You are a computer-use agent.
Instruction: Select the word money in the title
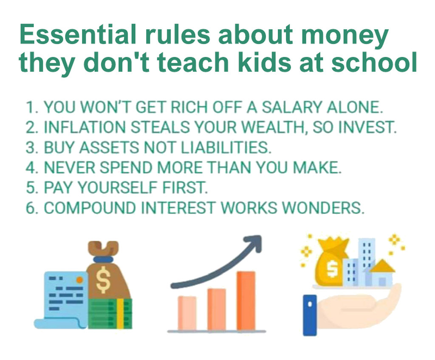345,37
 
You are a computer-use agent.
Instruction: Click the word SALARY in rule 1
292,107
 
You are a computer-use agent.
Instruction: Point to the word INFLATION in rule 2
85,127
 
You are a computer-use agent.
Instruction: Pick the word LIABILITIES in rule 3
226,147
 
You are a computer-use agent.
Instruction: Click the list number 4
31,168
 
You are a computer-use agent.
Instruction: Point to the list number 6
31,208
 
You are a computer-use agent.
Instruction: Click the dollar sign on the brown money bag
103,280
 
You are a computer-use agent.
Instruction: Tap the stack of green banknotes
110,314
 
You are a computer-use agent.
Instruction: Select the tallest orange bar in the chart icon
246,301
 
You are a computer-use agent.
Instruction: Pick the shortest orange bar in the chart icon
187,313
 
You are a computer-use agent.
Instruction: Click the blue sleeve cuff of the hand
310,315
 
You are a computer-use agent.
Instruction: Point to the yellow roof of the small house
382,266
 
